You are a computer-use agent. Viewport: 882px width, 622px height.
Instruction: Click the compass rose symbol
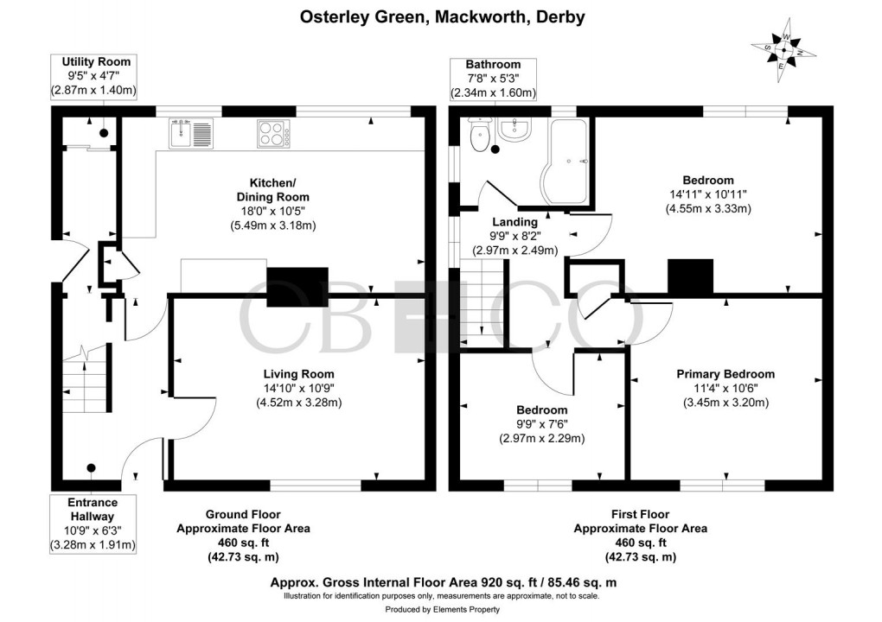pos(783,50)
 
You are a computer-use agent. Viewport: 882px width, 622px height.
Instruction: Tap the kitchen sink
pos(191,135)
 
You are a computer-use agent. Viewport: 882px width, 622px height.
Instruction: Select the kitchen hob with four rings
pos(274,134)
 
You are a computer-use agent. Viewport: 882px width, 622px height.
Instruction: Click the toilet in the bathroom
pos(479,134)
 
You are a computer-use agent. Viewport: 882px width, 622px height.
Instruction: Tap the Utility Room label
pos(96,61)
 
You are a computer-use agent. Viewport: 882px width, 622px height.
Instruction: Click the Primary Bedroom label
pos(725,374)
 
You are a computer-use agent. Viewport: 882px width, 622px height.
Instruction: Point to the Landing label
pos(514,222)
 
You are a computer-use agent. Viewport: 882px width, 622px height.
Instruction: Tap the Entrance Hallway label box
pos(93,524)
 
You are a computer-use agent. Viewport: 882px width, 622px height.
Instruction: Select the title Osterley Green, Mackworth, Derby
pos(441,16)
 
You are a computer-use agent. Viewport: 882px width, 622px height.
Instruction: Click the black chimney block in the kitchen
pos(297,288)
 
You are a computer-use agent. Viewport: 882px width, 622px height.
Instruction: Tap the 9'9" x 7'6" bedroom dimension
pos(542,424)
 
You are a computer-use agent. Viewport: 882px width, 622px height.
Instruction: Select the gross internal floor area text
pos(441,582)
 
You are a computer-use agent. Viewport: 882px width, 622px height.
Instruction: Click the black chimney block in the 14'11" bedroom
pos(690,276)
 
